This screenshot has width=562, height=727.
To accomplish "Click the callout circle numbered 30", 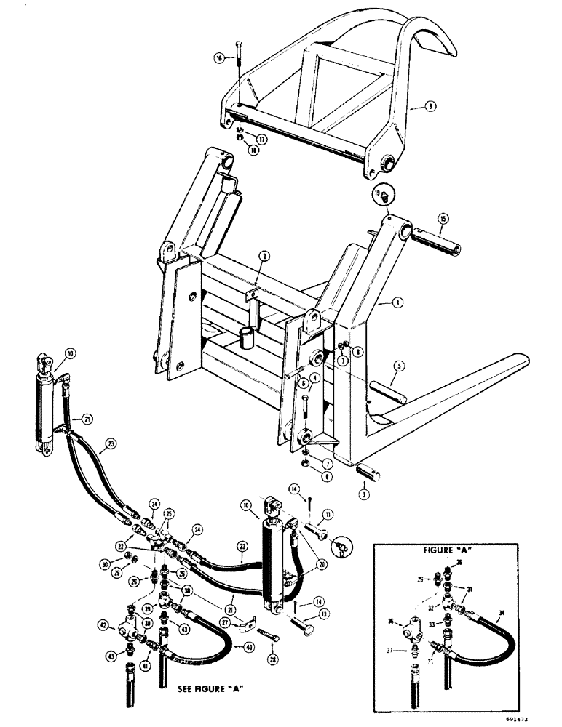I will pyautogui.click(x=106, y=563).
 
